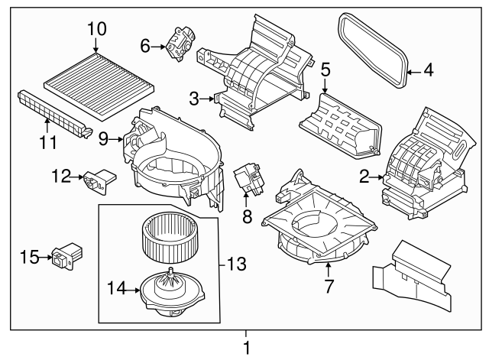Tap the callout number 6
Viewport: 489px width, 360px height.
(x=145, y=47)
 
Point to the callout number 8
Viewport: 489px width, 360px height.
(x=246, y=217)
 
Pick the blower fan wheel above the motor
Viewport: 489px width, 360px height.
(x=170, y=238)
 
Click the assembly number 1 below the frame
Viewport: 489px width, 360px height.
(x=246, y=348)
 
